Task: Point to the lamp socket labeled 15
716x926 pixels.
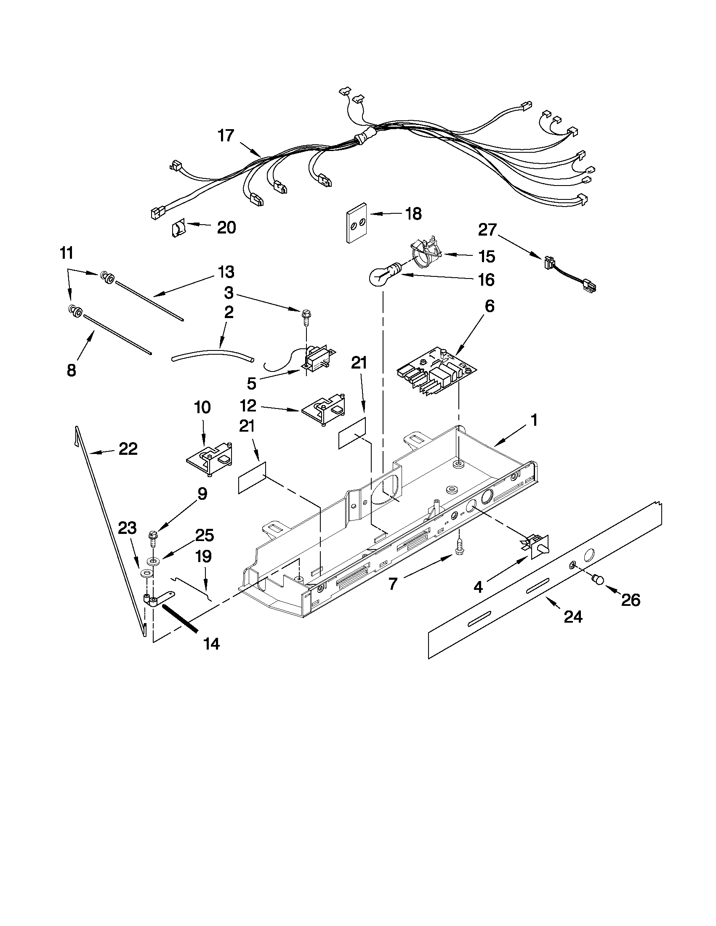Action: point(426,255)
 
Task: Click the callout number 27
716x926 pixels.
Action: point(487,230)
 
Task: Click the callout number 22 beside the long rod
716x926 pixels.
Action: point(128,449)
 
